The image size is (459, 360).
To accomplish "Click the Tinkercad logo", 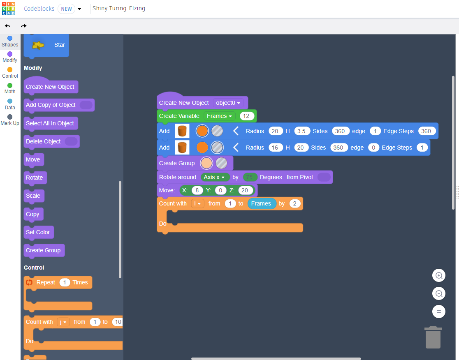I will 9,8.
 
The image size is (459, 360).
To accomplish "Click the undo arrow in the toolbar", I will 8,26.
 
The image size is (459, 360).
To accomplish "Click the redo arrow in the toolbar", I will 23,26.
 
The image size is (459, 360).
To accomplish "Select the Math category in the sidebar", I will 10,88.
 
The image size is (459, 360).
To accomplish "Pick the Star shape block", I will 46,45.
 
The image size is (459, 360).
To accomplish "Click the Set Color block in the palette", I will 38,232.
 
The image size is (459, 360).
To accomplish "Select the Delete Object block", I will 43,141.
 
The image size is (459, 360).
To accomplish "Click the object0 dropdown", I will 228,103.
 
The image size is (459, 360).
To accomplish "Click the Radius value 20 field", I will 275,131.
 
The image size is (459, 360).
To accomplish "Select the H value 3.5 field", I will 301,131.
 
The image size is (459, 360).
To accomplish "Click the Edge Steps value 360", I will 426,131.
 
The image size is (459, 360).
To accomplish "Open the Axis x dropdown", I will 215,177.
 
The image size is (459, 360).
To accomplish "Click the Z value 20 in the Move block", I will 245,190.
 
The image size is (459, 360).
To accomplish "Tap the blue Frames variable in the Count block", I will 261,203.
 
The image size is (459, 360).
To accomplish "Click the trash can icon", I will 433,338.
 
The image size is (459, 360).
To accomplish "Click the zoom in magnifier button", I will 439,276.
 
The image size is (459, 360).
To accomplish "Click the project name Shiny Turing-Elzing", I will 119,8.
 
